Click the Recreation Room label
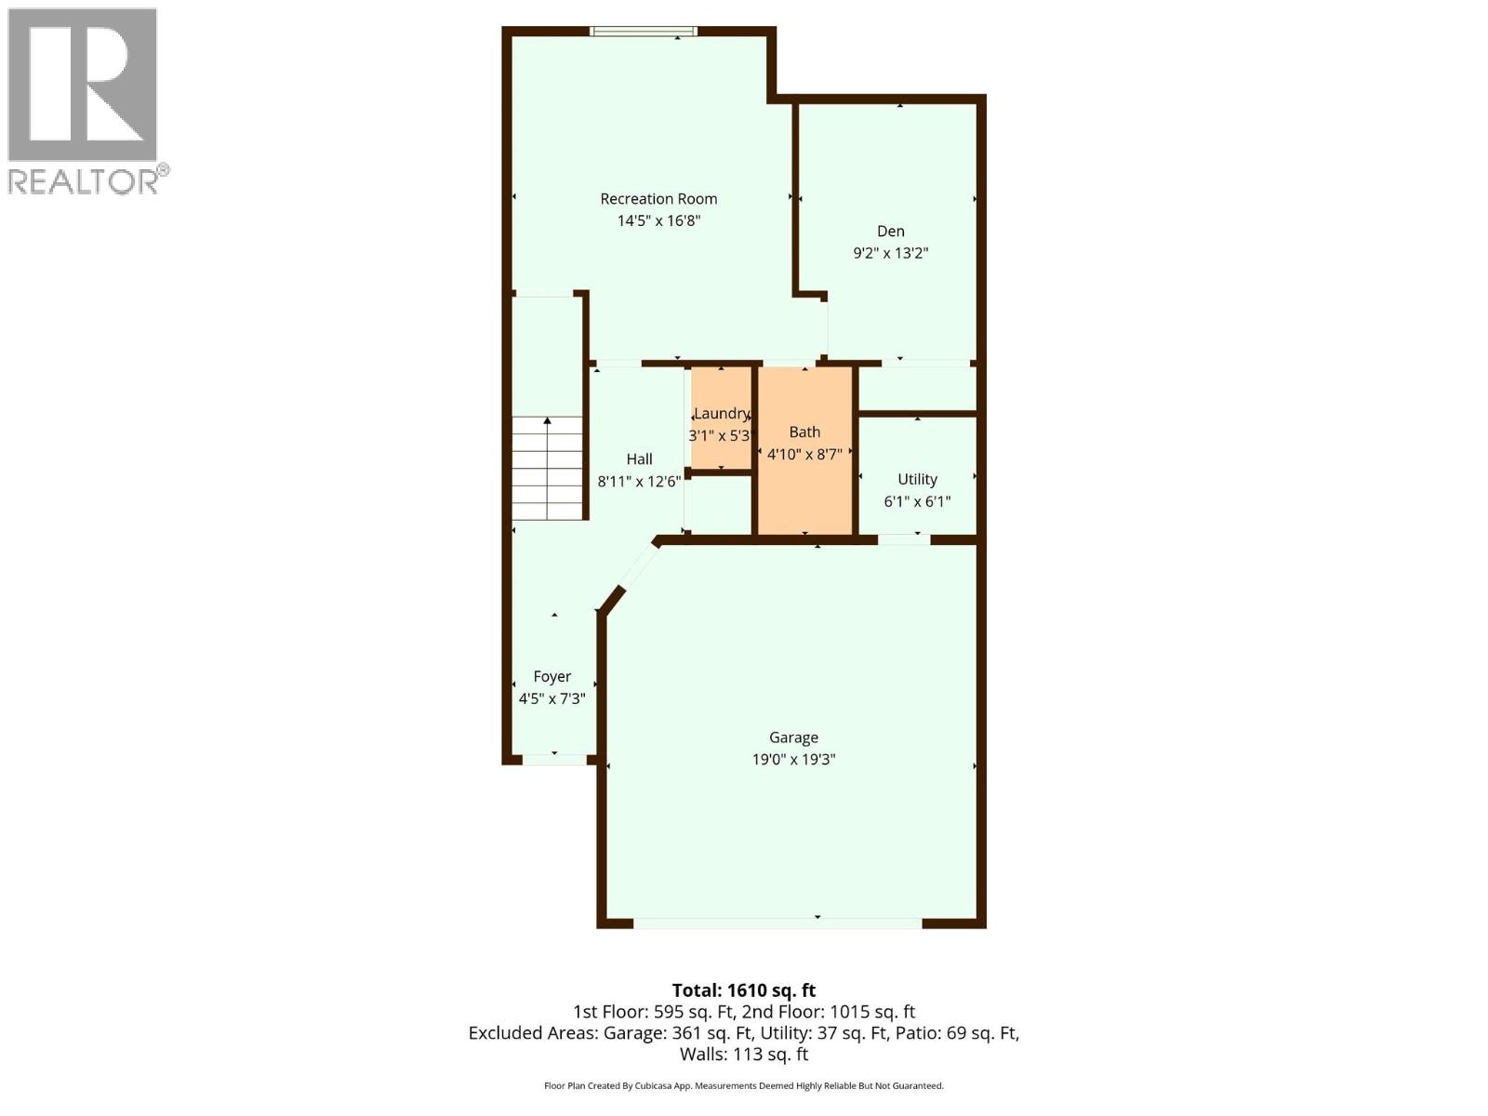(658, 198)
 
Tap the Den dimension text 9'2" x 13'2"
(890, 253)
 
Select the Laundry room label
(722, 413)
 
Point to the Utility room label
(917, 479)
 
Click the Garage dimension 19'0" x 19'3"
(793, 759)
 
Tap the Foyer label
(551, 676)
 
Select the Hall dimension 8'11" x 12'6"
(639, 481)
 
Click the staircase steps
(548, 470)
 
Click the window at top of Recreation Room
(643, 32)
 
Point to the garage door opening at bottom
(777, 923)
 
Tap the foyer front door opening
(554, 759)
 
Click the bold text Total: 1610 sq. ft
(743, 990)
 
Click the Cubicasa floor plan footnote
(743, 1085)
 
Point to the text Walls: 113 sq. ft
(743, 1054)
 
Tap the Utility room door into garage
(904, 538)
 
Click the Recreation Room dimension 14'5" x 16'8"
(658, 220)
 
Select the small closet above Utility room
(917, 388)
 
